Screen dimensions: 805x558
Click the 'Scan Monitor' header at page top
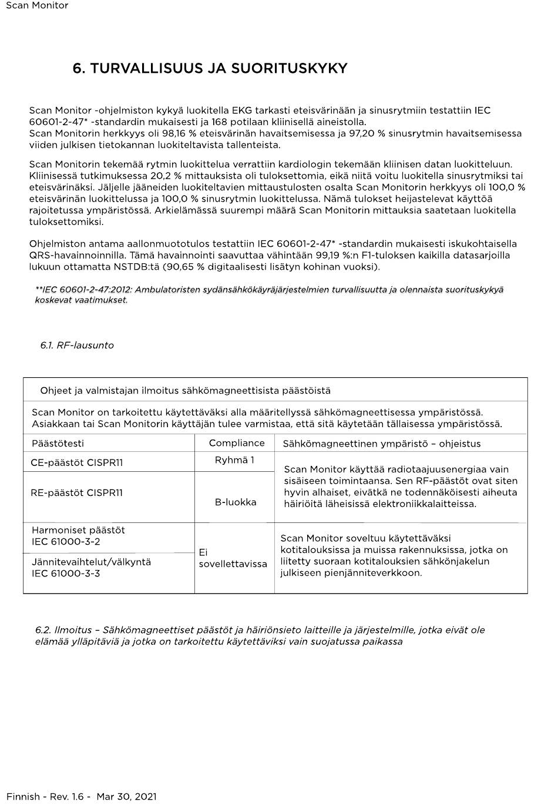(37, 5)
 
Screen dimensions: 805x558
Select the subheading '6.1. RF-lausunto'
(77, 346)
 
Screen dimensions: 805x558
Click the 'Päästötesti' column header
(58, 444)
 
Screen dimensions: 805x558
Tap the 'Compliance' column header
(237, 443)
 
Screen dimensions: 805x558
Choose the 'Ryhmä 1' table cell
(234, 460)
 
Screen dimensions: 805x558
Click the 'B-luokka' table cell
(236, 502)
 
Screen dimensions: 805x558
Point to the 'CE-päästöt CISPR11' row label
(77, 462)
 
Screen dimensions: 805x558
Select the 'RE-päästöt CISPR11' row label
(77, 493)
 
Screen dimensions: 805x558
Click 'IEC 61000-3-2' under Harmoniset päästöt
(66, 542)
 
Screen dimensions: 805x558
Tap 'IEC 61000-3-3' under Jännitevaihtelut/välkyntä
(66, 573)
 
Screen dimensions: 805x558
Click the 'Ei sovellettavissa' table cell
(233, 558)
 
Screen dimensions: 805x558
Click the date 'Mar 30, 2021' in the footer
(126, 797)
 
